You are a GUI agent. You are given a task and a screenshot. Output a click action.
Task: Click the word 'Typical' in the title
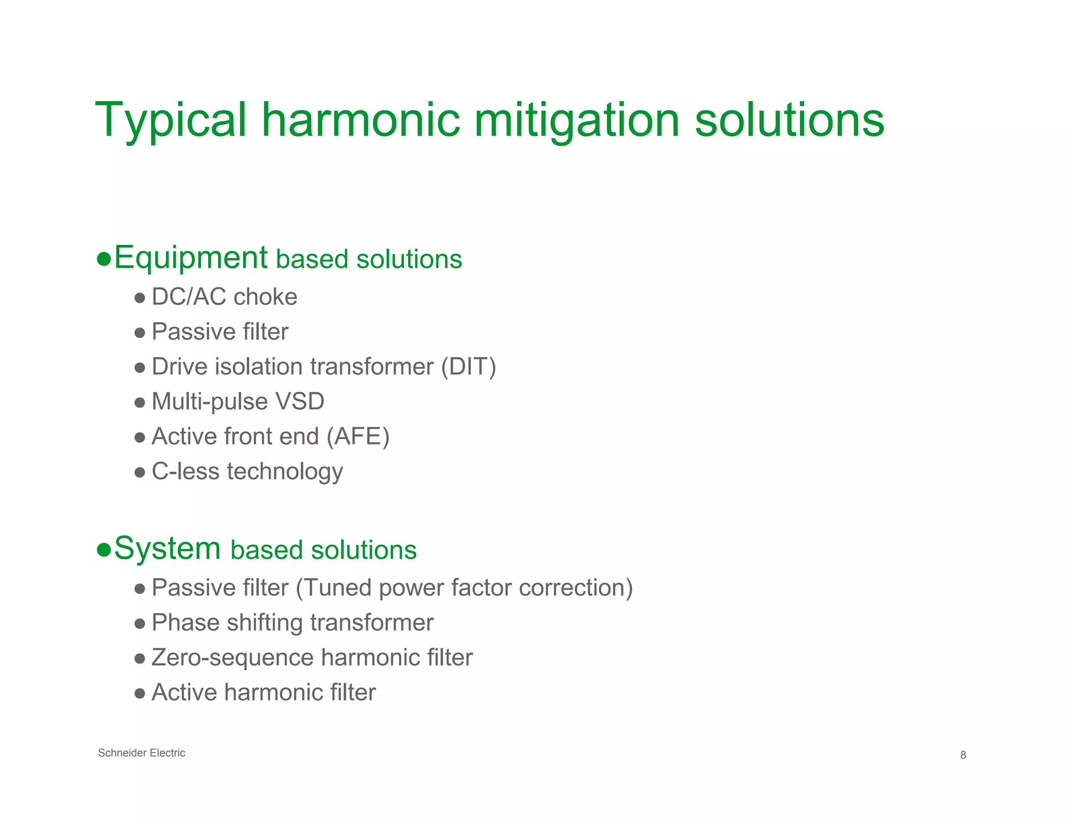click(x=170, y=121)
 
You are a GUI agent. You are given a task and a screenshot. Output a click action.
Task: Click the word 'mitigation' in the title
click(x=577, y=121)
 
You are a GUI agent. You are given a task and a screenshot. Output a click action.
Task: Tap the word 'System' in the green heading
click(x=167, y=548)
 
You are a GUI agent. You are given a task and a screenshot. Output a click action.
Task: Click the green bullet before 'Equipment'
click(x=104, y=259)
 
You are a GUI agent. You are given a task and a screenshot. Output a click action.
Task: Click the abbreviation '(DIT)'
click(x=468, y=367)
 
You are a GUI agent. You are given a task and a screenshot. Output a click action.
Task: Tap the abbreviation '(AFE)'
click(x=358, y=436)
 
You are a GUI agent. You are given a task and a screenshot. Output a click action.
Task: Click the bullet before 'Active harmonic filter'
click(x=139, y=693)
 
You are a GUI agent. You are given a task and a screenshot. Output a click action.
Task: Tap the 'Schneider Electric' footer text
click(x=142, y=753)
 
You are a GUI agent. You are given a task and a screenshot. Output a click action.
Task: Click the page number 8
click(x=963, y=755)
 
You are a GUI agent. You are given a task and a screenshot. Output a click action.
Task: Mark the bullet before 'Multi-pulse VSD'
click(x=139, y=403)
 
